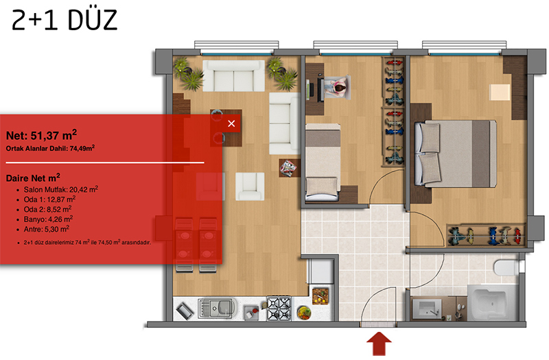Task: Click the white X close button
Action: [x=231, y=123]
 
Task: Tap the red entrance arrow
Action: [x=379, y=344]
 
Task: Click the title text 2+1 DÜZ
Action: [x=65, y=20]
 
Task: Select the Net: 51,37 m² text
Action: [x=41, y=135]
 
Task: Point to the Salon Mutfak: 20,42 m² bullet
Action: [x=60, y=189]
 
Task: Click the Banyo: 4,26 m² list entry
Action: [x=48, y=219]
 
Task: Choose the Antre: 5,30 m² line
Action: [x=46, y=229]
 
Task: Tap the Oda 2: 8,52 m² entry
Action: [x=47, y=209]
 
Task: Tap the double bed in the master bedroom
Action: [x=455, y=153]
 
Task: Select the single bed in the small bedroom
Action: [x=323, y=162]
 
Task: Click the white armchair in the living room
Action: [x=250, y=186]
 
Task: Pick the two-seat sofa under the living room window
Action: [x=233, y=76]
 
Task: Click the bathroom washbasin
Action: [x=426, y=309]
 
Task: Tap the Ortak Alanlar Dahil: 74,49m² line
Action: [x=50, y=148]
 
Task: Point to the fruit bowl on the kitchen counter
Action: [x=303, y=313]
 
